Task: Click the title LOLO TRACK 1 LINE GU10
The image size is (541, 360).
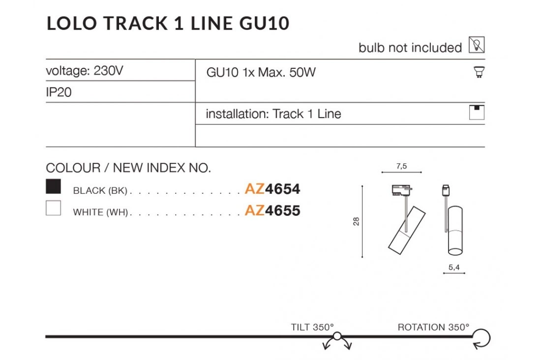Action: tap(168, 23)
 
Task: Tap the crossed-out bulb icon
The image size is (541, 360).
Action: tap(477, 45)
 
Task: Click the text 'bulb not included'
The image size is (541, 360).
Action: tap(410, 48)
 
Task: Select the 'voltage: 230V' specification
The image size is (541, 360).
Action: tap(84, 71)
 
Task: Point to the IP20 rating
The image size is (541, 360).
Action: tap(59, 92)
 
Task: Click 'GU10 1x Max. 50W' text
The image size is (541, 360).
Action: tap(261, 73)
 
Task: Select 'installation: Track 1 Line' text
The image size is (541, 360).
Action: tap(273, 114)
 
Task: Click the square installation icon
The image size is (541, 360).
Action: tap(477, 113)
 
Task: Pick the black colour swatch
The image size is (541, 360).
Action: tap(53, 186)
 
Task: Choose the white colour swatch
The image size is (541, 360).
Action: tap(53, 208)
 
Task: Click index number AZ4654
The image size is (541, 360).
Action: tap(272, 189)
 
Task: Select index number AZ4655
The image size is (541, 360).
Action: tap(272, 211)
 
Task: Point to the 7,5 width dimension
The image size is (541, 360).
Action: tap(401, 166)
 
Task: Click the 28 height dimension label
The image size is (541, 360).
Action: tap(357, 221)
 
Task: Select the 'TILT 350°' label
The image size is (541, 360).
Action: tap(312, 327)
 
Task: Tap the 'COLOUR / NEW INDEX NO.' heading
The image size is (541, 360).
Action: tap(128, 168)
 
